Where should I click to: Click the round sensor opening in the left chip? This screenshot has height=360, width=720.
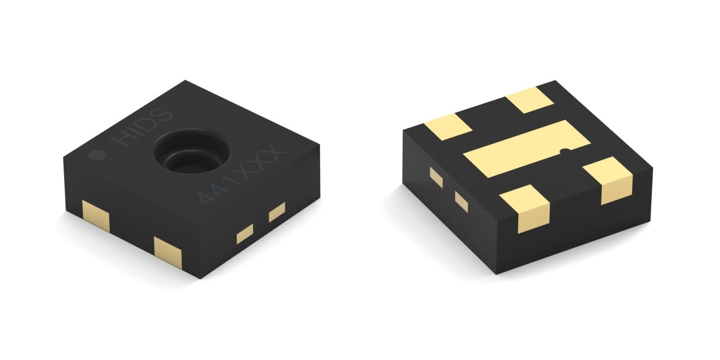coord(191,152)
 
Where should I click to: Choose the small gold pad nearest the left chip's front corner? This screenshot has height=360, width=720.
coord(245,233)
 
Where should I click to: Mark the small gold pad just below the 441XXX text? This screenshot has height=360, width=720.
coord(277,212)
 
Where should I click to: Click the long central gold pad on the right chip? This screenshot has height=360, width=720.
coord(525,148)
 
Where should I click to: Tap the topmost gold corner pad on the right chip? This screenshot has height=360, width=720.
coord(529,100)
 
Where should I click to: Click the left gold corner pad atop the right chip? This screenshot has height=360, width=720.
coord(447,127)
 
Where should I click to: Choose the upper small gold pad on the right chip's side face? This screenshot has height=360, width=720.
coord(436,177)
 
